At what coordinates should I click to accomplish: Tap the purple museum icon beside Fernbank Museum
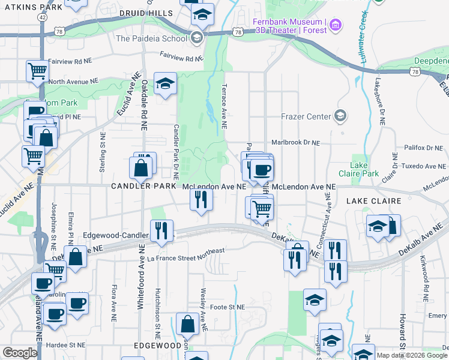coord(335,25)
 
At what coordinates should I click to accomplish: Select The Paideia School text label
coord(151,38)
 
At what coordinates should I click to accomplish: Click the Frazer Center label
coord(306,116)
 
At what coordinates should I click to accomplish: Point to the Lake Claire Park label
coord(364,169)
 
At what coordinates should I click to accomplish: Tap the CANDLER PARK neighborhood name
coord(143,187)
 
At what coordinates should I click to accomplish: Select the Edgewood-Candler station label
coord(116,235)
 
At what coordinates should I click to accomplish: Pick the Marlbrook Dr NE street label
coord(296,143)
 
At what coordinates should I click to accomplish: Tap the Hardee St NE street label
coord(69,345)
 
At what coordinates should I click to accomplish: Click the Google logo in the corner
coord(20,353)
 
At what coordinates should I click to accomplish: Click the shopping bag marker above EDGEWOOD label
coord(188,323)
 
